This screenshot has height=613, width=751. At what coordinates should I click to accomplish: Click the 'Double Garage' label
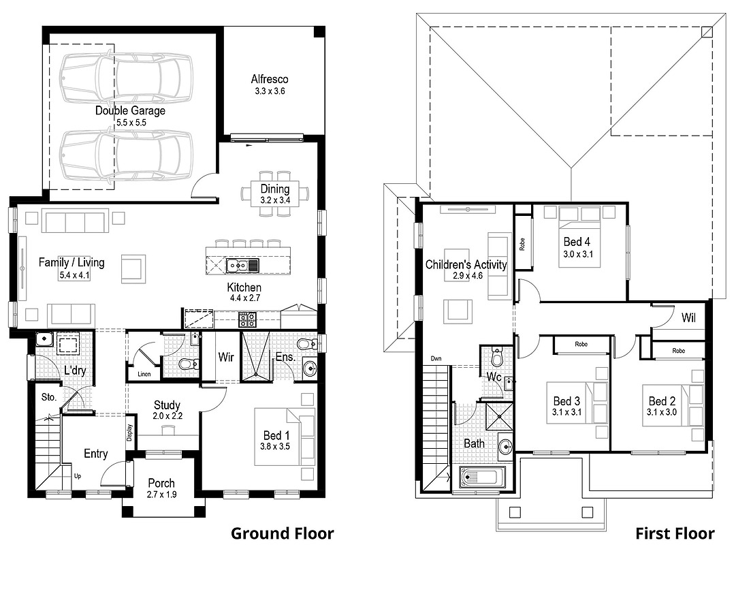(130, 110)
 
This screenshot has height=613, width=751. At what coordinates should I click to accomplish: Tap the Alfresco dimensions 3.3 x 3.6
(269, 91)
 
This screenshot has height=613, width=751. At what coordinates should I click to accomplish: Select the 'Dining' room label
(275, 189)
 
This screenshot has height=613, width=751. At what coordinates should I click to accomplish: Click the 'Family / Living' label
(71, 262)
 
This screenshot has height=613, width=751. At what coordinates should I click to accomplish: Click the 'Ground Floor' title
(282, 533)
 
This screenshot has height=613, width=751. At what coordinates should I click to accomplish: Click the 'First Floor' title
(675, 533)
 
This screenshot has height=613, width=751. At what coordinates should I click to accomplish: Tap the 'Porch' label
(161, 483)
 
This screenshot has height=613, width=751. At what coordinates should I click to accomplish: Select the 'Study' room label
(167, 405)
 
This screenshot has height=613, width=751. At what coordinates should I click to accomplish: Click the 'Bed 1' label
(276, 435)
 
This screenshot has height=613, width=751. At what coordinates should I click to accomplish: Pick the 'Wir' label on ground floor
(226, 357)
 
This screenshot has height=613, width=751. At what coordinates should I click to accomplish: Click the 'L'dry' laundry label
(75, 371)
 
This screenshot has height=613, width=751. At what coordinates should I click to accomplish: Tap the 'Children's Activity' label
(466, 264)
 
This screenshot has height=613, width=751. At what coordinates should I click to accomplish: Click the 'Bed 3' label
(566, 401)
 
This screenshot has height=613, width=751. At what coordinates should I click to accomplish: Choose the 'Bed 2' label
(662, 401)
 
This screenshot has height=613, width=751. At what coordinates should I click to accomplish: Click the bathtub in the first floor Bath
(483, 477)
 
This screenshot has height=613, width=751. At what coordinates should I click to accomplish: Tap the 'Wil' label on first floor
(688, 318)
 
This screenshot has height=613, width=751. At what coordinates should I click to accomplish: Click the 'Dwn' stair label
(436, 358)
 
